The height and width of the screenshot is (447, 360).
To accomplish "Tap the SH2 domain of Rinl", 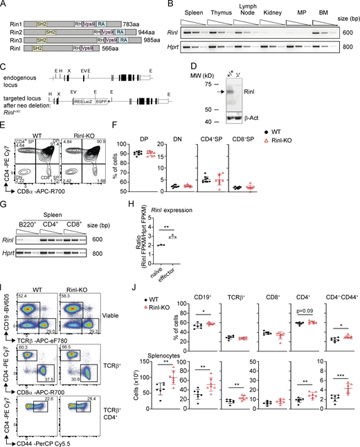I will coord(31,60).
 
